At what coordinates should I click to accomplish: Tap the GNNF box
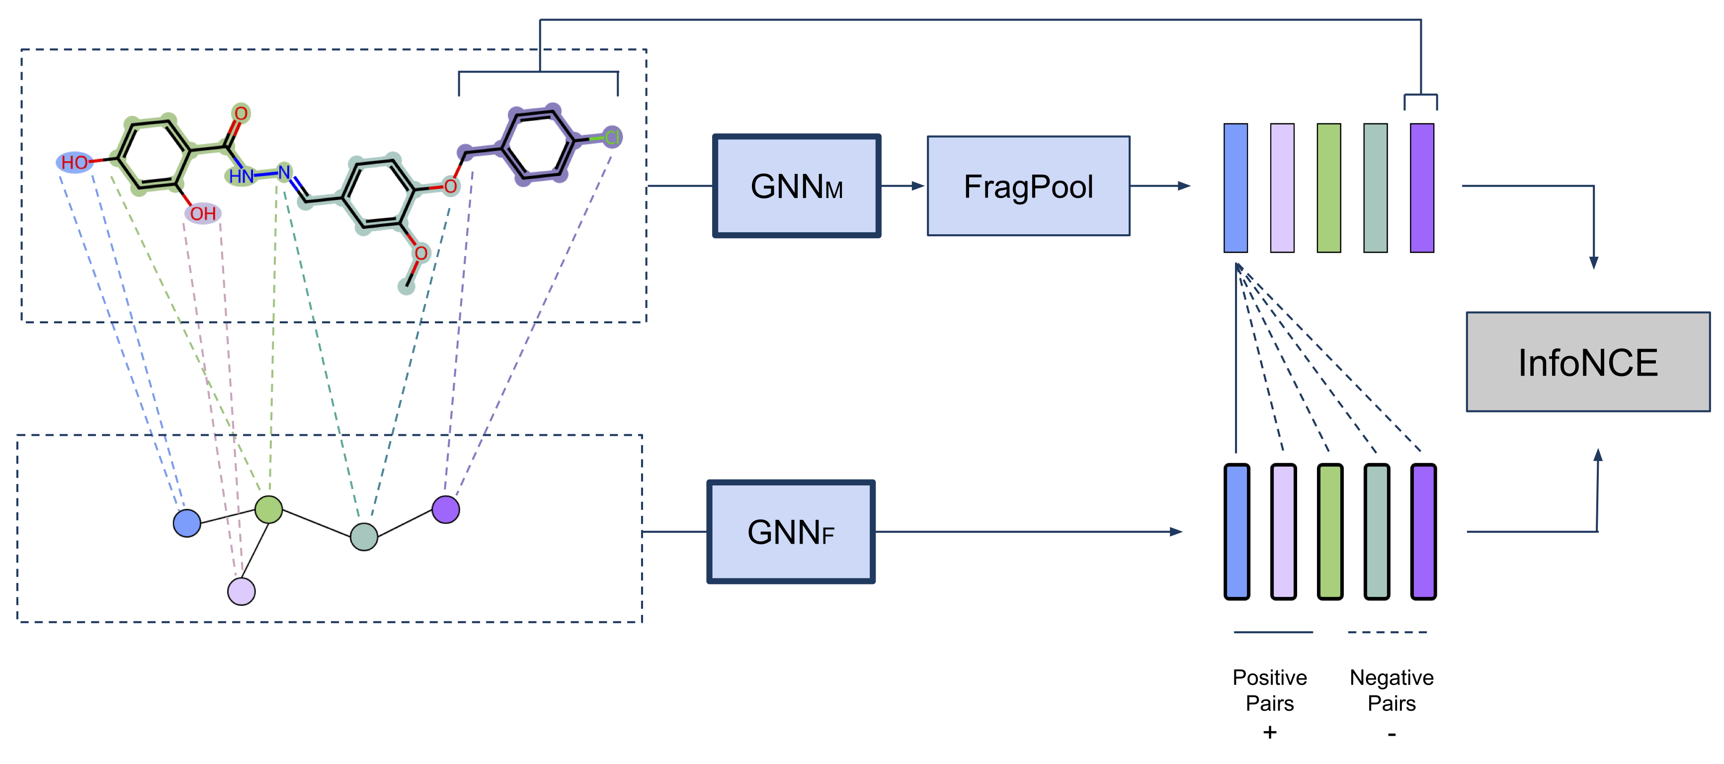tap(790, 532)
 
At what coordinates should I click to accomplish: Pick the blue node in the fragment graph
tap(187, 523)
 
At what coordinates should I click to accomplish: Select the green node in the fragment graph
tap(268, 509)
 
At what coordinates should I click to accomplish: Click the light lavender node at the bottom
tap(241, 591)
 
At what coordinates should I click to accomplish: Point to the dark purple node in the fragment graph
tap(446, 509)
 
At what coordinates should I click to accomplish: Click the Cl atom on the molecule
tap(612, 138)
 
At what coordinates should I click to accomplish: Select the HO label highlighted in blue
tap(74, 163)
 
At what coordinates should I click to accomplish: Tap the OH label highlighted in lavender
tap(203, 213)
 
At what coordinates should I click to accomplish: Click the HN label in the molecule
tap(241, 177)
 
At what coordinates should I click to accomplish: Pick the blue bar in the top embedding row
tap(1235, 188)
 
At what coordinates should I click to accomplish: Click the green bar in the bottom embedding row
tap(1330, 532)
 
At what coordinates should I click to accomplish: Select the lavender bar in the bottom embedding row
tap(1283, 532)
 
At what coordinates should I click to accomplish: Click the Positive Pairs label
tap(1270, 690)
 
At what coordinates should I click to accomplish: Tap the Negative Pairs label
tap(1392, 690)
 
